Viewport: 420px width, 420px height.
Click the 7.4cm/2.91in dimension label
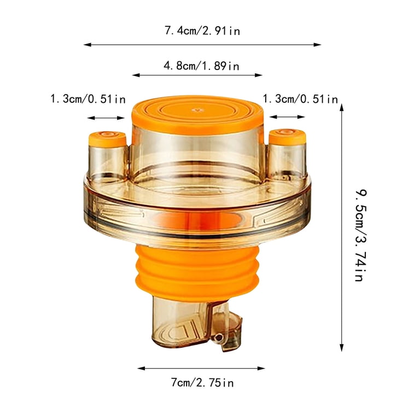coord(202,31)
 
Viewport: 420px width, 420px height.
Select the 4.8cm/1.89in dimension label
coord(201,66)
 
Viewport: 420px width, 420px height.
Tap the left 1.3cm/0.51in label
coord(88,99)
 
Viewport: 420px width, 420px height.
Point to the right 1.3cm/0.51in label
coord(300,99)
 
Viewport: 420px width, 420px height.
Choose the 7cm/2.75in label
coord(202,382)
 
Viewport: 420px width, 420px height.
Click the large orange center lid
coord(197,114)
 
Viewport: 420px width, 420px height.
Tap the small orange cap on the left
coord(107,139)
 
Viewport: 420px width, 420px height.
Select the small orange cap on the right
coord(288,137)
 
